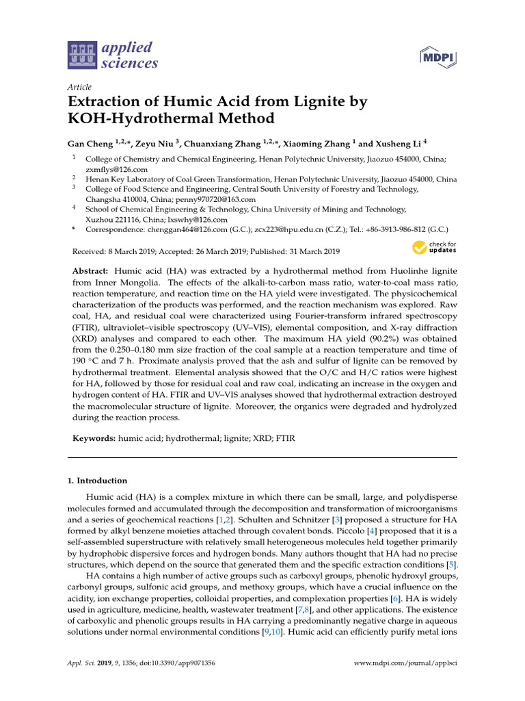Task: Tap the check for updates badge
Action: pos(434,246)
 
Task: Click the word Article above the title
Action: pos(79,87)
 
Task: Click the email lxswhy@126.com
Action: pos(199,219)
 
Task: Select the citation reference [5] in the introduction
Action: pos(451,565)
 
